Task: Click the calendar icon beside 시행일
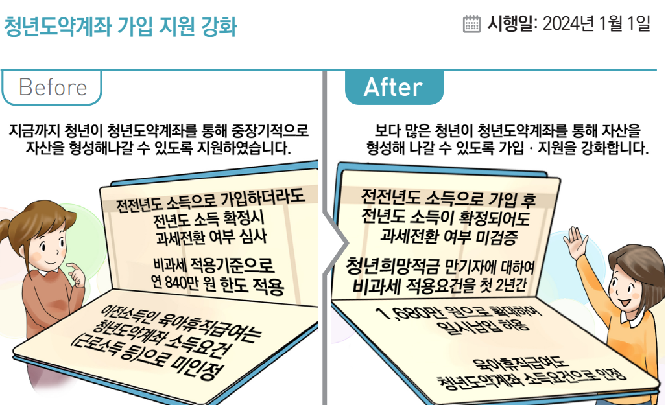pos(472,24)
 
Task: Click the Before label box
pos(52,87)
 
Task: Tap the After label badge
pos(394,87)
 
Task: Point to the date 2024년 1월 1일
pos(596,24)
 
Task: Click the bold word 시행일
pos(509,24)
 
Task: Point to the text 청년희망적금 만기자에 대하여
pos(440,266)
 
